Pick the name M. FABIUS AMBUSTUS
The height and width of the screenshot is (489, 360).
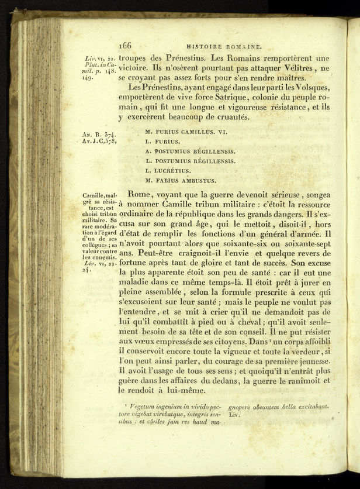point(181,181)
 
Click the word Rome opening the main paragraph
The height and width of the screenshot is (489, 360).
point(139,194)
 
